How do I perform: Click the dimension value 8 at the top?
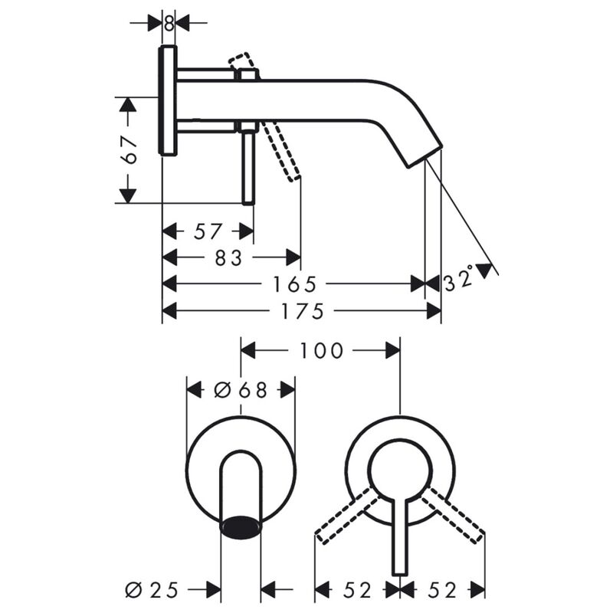pyautogui.click(x=169, y=23)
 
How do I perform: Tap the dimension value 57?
pyautogui.click(x=208, y=231)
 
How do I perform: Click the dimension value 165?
pyautogui.click(x=295, y=284)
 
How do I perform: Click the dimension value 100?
pyautogui.click(x=321, y=351)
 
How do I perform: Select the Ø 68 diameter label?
pyautogui.click(x=241, y=390)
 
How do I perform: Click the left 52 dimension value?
pyautogui.click(x=357, y=590)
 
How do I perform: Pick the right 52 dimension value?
pyautogui.click(x=442, y=590)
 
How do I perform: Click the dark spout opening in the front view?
pyautogui.click(x=241, y=527)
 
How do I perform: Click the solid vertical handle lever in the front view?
pyautogui.click(x=398, y=536)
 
